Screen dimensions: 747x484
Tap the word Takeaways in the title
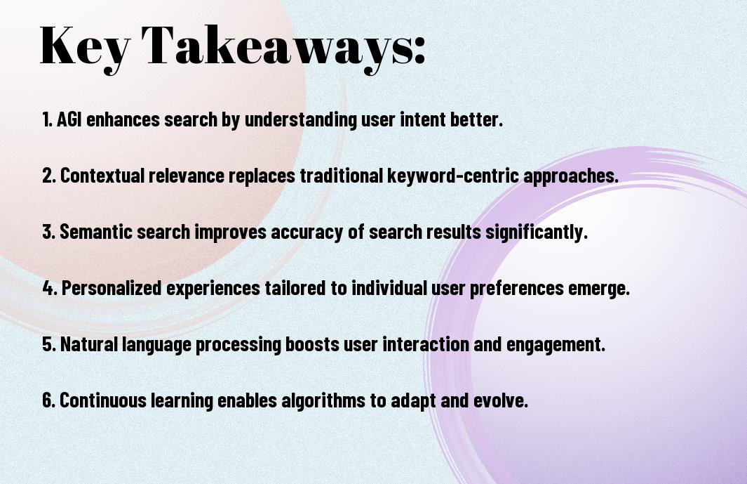coord(278,47)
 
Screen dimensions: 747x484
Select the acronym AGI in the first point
coord(69,119)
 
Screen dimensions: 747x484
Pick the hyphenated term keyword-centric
coord(453,175)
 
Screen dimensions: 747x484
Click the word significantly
coord(536,233)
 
